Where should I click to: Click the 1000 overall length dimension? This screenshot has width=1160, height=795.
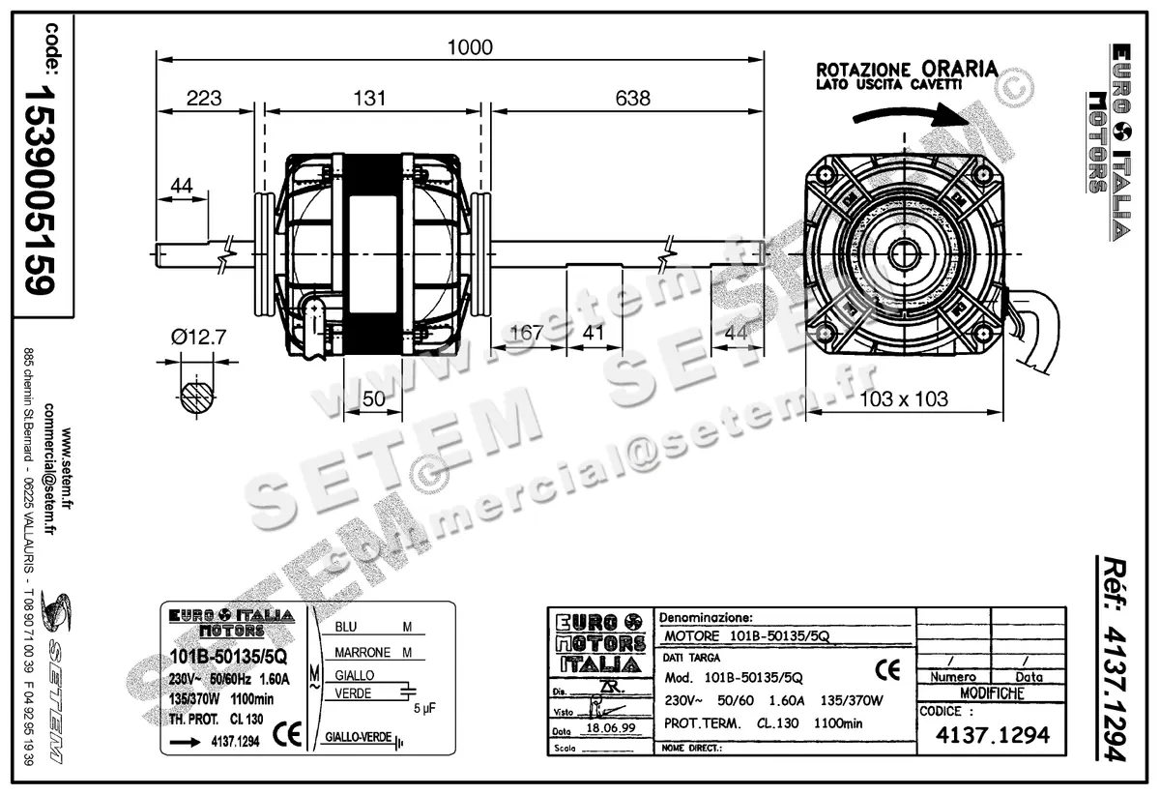(x=469, y=47)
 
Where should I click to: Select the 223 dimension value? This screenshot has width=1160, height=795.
(x=204, y=98)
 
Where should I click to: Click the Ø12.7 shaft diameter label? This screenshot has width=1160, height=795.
(x=198, y=336)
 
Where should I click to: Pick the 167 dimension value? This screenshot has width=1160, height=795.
(x=526, y=333)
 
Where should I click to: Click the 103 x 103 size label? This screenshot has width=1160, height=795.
(x=903, y=398)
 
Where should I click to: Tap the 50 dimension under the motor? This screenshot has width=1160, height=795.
(x=373, y=398)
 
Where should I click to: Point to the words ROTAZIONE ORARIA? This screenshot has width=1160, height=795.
(x=907, y=70)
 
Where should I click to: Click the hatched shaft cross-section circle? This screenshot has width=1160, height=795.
(x=197, y=397)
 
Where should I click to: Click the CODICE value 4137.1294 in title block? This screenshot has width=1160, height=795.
(x=992, y=736)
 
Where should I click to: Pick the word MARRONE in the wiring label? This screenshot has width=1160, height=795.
(x=362, y=652)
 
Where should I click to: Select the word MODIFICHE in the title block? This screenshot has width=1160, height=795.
(x=991, y=693)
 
